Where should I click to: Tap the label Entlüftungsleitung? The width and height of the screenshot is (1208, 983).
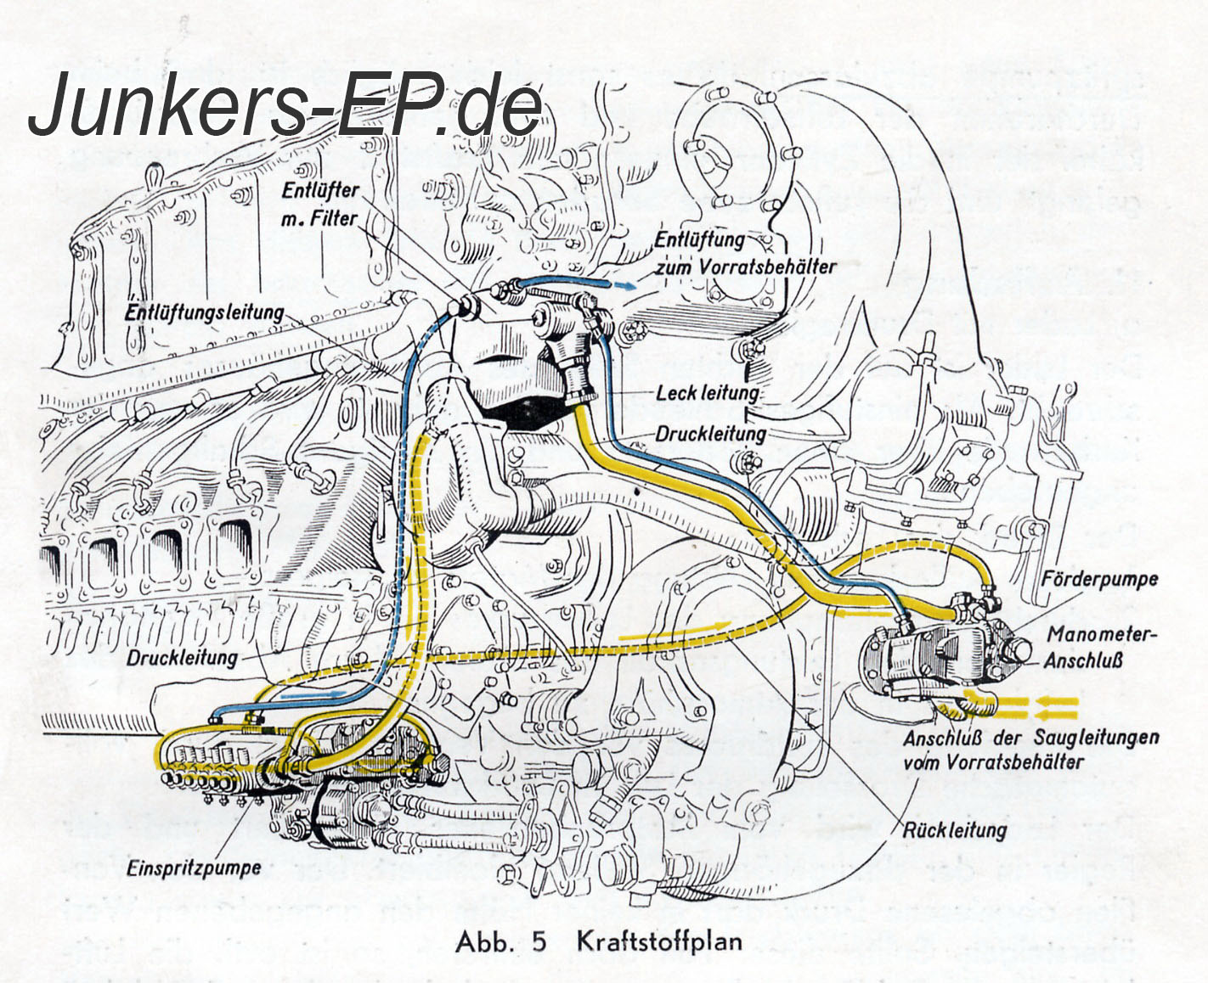pyautogui.click(x=204, y=312)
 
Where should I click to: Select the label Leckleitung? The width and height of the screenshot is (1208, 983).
pyautogui.click(x=707, y=393)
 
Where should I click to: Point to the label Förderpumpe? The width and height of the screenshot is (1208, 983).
pyautogui.click(x=1099, y=581)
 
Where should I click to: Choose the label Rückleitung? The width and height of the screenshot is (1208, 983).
pyautogui.click(x=955, y=828)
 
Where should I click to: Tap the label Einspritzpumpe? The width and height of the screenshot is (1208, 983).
pyautogui.click(x=194, y=868)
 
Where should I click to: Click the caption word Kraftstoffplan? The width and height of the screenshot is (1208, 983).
pyautogui.click(x=659, y=942)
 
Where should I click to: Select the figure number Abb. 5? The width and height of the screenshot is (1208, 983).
pyautogui.click(x=500, y=942)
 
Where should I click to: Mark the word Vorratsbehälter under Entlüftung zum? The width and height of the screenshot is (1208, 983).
pyautogui.click(x=769, y=267)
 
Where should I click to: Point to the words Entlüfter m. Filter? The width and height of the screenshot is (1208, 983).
pyautogui.click(x=321, y=205)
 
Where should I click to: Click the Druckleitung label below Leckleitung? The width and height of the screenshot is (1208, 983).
pyautogui.click(x=710, y=434)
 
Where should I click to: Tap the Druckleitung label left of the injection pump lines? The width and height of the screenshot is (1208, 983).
pyautogui.click(x=183, y=658)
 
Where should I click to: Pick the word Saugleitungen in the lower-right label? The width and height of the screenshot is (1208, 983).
pyautogui.click(x=1096, y=737)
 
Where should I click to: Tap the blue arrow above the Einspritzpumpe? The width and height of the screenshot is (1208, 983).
pyautogui.click(x=314, y=694)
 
